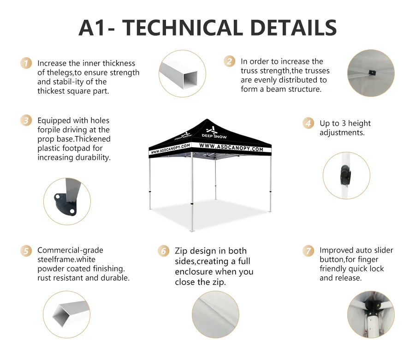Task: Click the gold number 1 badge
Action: click(26, 63)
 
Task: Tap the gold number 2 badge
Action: click(229, 61)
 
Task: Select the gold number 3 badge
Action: click(26, 120)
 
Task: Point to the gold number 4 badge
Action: click(308, 123)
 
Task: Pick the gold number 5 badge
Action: click(26, 250)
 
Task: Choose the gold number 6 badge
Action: click(164, 251)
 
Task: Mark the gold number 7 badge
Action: click(308, 250)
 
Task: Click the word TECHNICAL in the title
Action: click(183, 28)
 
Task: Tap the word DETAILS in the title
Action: click(293, 28)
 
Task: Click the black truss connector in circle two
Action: click(372, 72)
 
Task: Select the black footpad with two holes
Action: click(65, 204)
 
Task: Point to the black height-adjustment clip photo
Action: click(346, 174)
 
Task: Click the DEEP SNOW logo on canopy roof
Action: click(214, 133)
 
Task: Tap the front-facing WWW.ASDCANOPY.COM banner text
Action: click(231, 147)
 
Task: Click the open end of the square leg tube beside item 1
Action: click(190, 78)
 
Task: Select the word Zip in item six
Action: click(181, 251)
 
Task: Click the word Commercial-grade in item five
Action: click(70, 250)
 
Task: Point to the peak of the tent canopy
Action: click(207, 119)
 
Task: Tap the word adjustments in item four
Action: click(342, 132)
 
